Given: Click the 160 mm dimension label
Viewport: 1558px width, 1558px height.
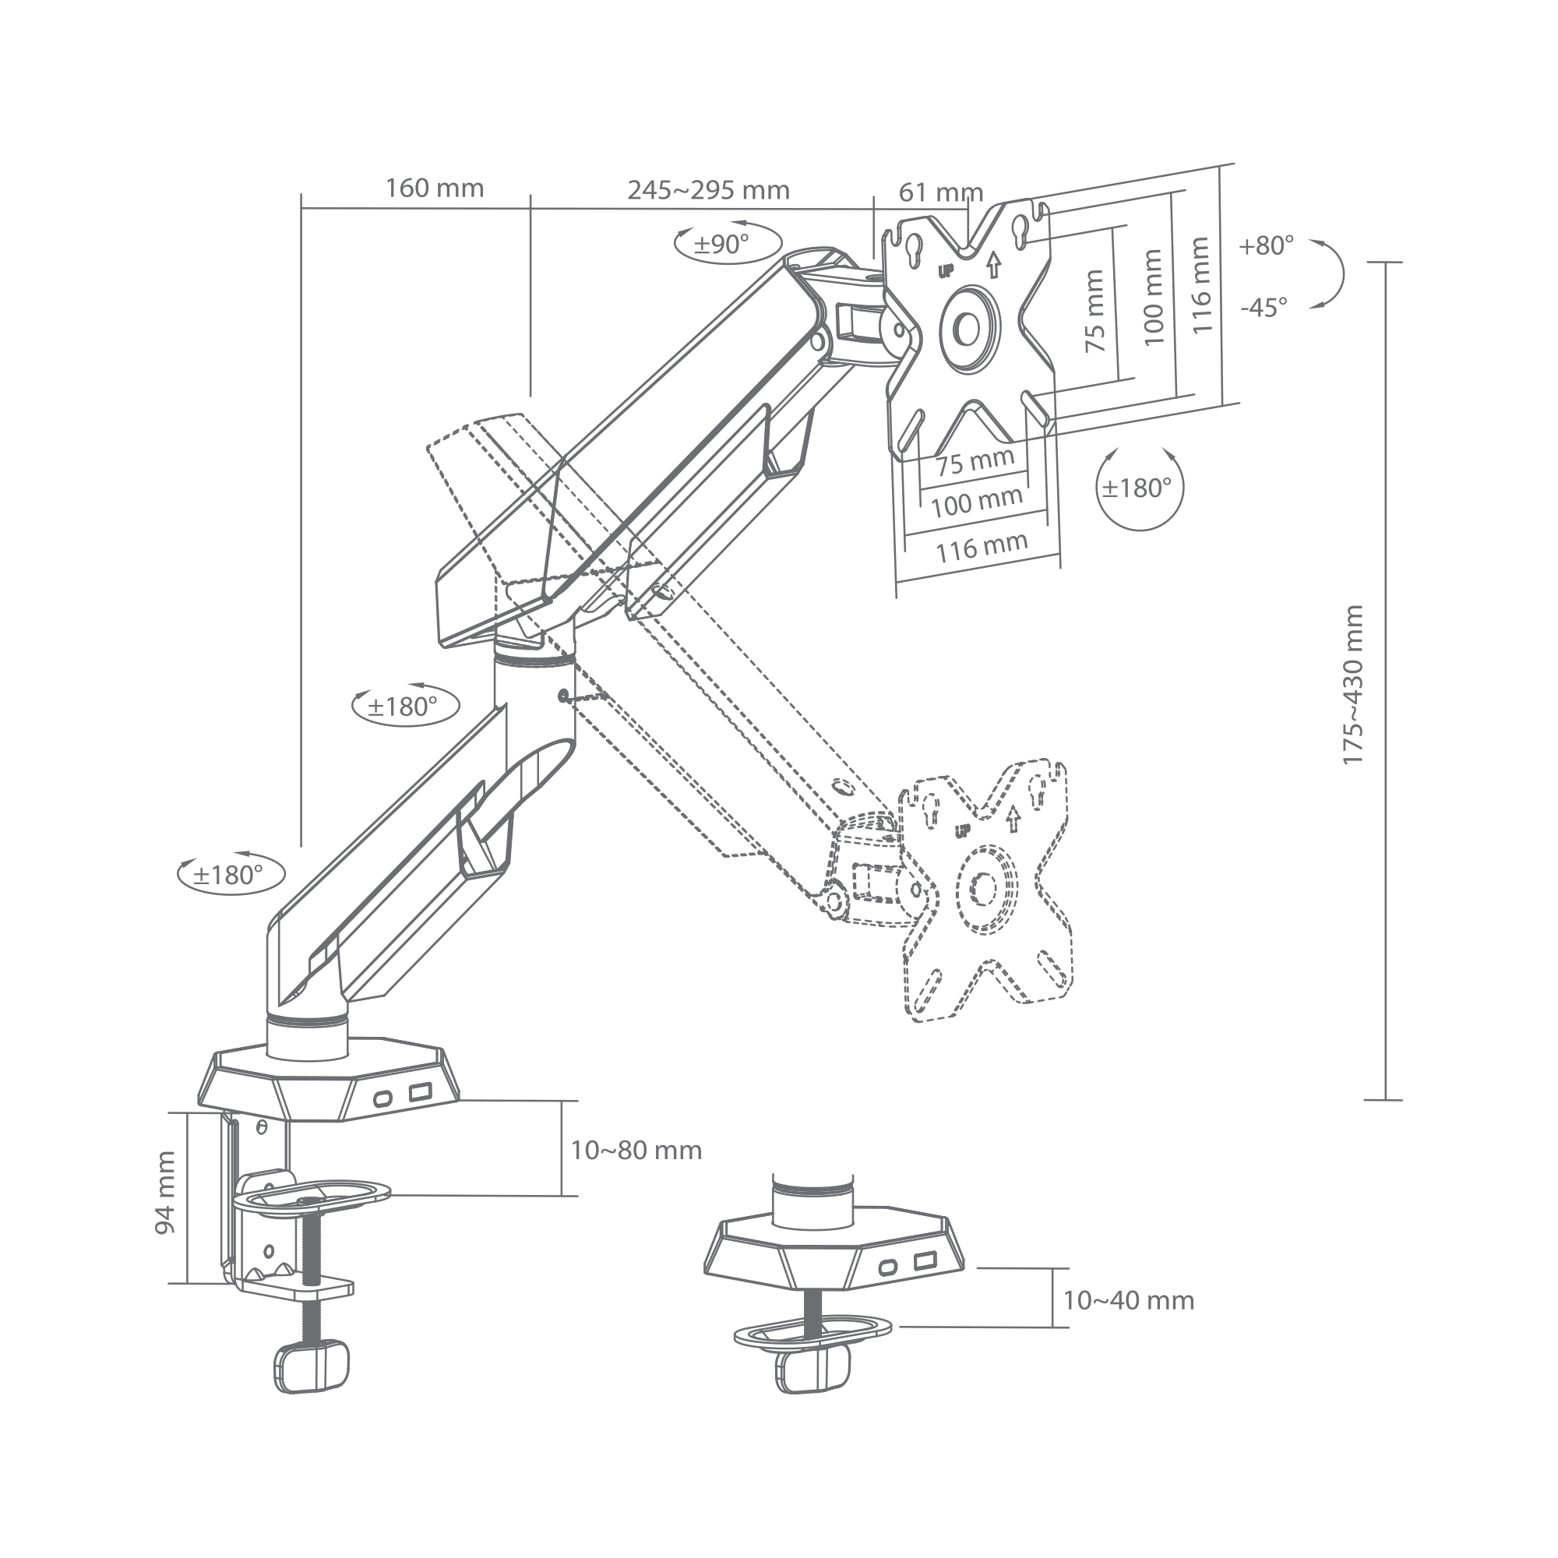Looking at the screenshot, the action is point(435,188).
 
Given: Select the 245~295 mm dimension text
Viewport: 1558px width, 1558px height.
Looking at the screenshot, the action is point(709,189).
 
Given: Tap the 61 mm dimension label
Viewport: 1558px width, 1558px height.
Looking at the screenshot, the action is point(941,192).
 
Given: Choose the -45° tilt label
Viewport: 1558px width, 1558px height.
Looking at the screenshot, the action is point(1264,307).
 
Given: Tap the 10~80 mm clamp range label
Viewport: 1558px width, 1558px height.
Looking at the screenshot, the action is point(636,1150).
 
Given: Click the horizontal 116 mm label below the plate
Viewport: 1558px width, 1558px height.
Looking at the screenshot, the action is point(982,547).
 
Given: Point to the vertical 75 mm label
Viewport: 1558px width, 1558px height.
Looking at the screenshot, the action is point(1094,311).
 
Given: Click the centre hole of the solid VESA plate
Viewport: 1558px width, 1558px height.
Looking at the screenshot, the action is point(966,327).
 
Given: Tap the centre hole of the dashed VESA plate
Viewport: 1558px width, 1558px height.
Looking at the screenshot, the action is point(985,888).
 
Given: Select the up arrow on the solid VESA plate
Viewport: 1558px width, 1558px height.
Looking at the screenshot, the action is point(993,264).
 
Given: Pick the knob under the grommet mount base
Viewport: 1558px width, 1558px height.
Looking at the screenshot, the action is point(812,1368).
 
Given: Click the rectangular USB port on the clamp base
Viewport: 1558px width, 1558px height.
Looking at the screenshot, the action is point(420,1093).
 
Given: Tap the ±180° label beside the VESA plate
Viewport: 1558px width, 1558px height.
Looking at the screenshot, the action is point(1137,487).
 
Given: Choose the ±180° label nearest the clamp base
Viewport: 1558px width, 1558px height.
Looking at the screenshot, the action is point(228,874).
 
